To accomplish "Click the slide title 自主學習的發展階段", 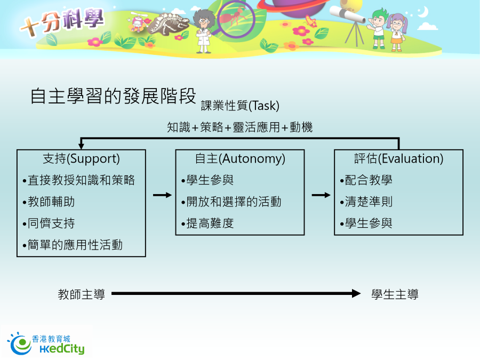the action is point(113,96).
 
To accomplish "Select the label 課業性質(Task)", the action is point(240,106).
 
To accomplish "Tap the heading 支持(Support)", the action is point(81,158).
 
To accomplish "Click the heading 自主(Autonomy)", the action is point(240,158).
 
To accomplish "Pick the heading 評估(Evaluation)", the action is point(398,158).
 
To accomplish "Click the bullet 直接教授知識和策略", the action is point(79,180).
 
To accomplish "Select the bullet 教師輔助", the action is point(49,202).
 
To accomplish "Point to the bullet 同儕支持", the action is point(49,223).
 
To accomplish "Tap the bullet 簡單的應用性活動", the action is point(73,245).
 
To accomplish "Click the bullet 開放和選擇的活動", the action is point(231,202).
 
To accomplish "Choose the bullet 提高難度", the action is point(207,223).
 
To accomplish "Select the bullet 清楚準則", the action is point(366,202).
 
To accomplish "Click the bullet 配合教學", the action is point(366,180).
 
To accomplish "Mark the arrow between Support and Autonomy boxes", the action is point(162,195).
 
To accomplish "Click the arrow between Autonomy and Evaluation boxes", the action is point(321,195).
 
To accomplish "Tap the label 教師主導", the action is point(82,294).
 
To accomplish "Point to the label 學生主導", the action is point(395,294).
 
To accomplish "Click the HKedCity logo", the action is point(46,343).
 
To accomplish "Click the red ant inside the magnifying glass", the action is point(233,17).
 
